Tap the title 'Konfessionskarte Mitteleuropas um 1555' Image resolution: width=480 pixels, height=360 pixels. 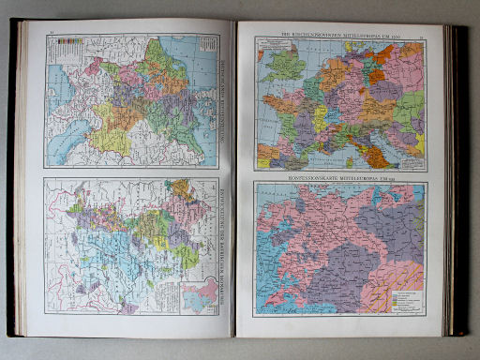(340, 175)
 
